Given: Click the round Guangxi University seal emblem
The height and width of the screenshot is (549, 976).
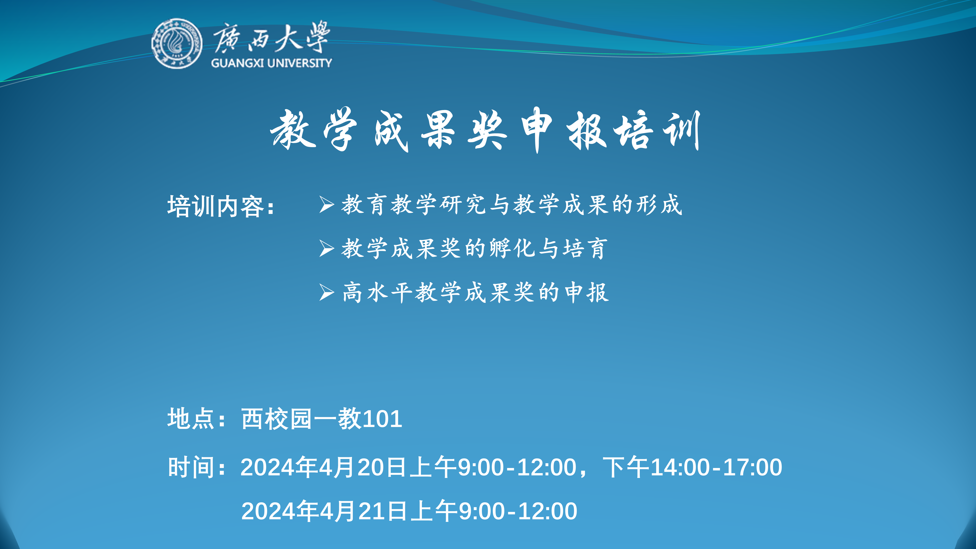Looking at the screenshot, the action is [177, 44].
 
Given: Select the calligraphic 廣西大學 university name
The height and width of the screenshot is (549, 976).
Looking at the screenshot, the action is [271, 37].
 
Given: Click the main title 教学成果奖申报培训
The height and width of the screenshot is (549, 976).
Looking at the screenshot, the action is [485, 130].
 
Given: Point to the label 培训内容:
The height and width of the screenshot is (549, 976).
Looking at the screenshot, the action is [221, 206].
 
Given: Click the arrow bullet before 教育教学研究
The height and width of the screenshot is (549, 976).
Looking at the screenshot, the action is [326, 205].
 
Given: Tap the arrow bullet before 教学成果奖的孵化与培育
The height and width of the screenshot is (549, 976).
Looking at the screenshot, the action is [326, 249].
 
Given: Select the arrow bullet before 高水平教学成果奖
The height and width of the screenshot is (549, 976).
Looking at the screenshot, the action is [326, 293].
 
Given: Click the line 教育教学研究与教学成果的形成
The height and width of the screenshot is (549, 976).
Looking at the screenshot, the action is [511, 205].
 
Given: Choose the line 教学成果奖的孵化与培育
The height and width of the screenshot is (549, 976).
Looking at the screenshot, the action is [474, 249].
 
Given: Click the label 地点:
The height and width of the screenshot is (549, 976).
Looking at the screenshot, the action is [196, 419].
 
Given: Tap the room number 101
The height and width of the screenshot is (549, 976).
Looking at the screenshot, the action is [382, 419].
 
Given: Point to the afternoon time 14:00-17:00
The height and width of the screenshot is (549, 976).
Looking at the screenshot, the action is [716, 467].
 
